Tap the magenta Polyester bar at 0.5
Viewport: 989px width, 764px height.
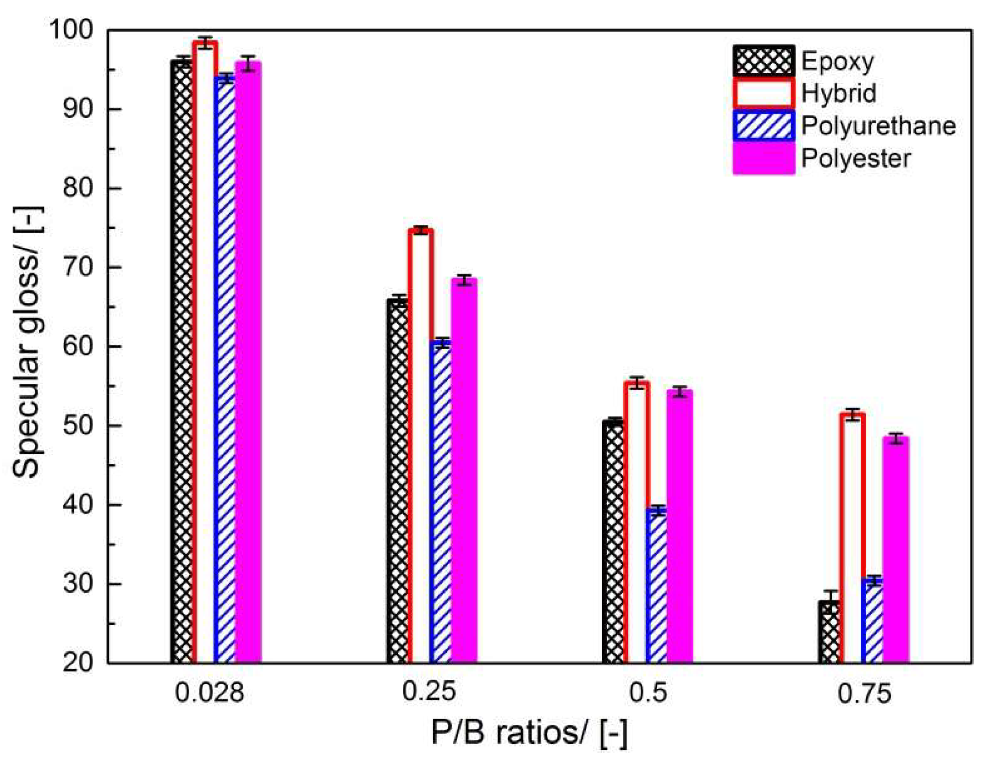coord(680,527)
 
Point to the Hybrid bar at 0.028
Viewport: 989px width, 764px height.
coord(204,353)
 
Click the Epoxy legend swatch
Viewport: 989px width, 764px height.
coord(763,61)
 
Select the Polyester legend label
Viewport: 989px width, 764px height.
coord(856,158)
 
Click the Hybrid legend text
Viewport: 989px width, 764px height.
coord(838,93)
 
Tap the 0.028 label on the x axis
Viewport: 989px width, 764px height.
coord(209,693)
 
